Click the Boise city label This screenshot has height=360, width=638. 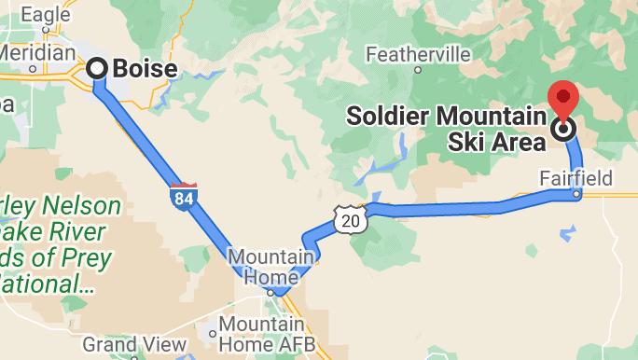(145, 68)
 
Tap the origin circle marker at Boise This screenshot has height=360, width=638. (98, 68)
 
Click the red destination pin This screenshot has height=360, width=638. (563, 99)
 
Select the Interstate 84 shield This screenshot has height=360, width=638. (183, 197)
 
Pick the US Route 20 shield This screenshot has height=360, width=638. (348, 220)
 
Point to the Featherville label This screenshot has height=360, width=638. (418, 54)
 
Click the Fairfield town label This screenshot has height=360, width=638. (576, 177)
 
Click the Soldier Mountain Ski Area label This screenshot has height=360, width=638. (446, 129)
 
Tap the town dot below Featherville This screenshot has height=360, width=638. (418, 69)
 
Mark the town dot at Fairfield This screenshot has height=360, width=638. (577, 194)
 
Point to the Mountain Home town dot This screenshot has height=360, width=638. (270, 292)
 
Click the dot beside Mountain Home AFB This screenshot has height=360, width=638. (214, 332)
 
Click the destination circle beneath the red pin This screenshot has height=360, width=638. (563, 130)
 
